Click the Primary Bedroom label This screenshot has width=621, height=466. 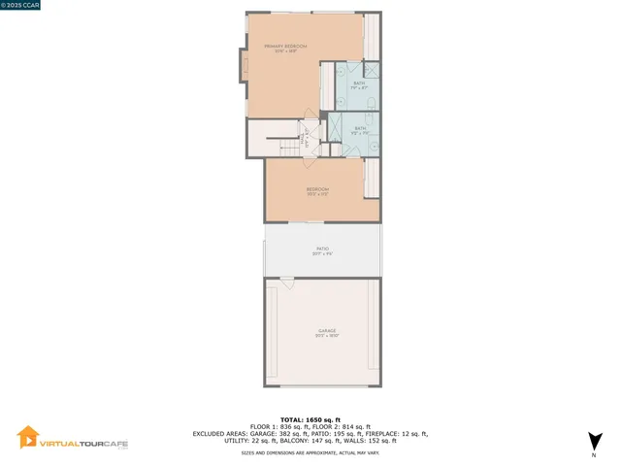coord(285,47)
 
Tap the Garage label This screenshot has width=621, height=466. coord(326,331)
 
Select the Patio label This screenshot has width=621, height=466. coord(322,249)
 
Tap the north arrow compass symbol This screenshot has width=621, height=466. coord(594,443)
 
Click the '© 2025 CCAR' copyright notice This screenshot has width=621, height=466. coord(22,6)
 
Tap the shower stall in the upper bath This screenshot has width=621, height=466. coord(372,73)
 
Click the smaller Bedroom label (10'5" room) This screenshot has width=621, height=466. coord(318,189)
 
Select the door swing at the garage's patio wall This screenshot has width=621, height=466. coord(286,283)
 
